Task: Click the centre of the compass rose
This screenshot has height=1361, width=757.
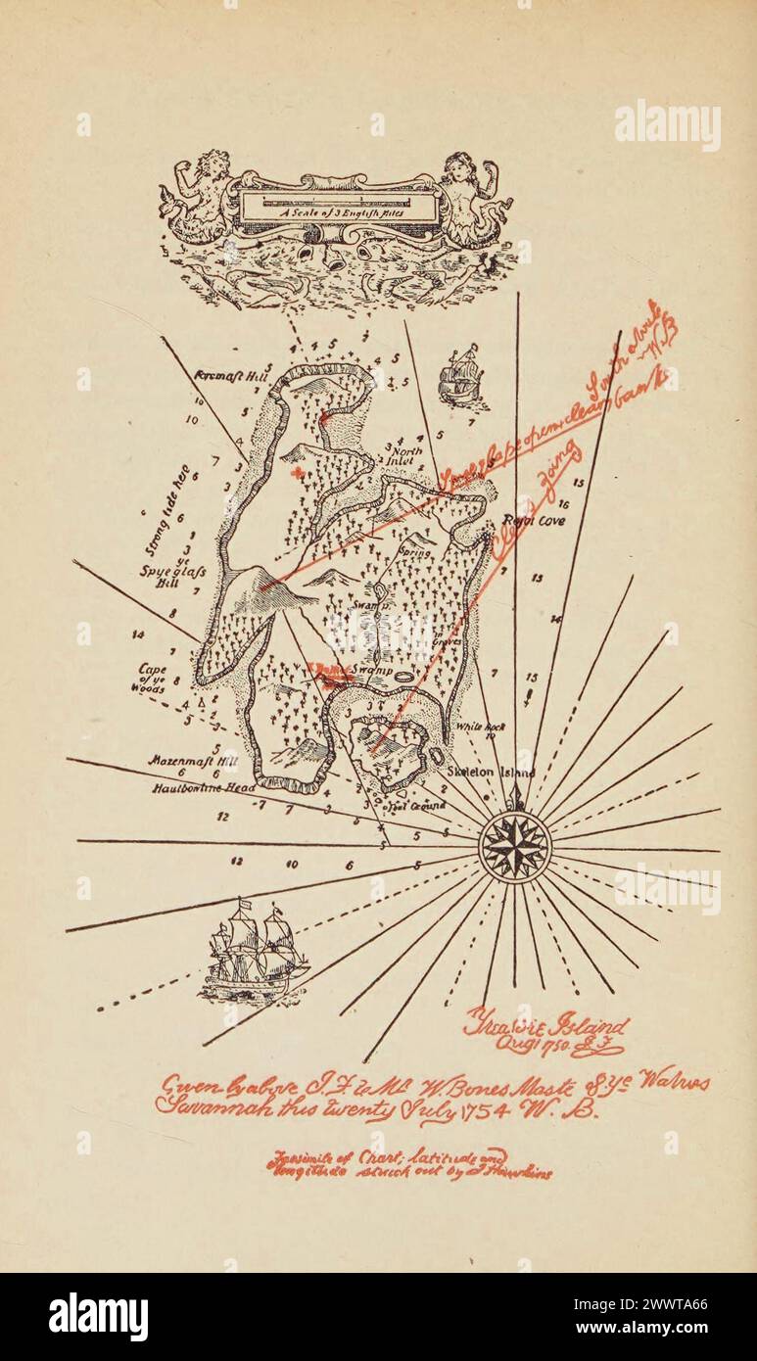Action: [x=515, y=847]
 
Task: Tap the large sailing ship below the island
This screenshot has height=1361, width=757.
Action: [x=253, y=949]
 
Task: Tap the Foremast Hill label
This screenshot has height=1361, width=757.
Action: [x=223, y=374]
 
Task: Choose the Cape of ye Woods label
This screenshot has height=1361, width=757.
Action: [x=151, y=679]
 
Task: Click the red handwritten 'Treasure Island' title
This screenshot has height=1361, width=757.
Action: [x=546, y=1027]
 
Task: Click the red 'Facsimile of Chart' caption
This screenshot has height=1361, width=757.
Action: [x=405, y=1164]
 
